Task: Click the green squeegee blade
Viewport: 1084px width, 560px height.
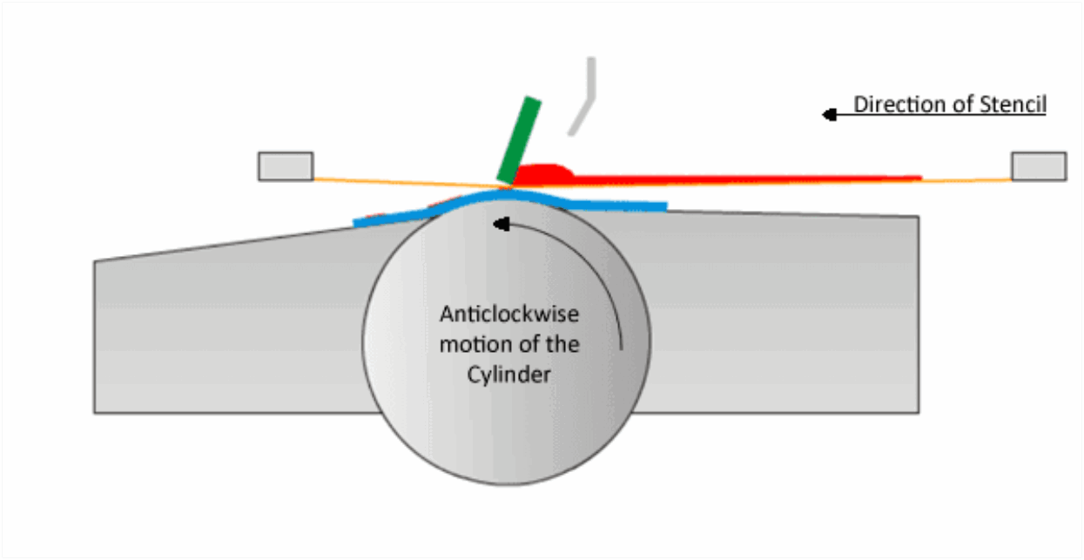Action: coord(519,140)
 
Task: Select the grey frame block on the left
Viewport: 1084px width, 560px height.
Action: coord(286,166)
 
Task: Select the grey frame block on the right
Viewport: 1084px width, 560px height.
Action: coord(1038,166)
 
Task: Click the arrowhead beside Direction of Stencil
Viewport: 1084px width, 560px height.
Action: coord(830,114)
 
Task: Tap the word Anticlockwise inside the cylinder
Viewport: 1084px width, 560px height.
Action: coord(509,314)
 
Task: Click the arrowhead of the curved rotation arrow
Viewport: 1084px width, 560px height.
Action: coord(499,225)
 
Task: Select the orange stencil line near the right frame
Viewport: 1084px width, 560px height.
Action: coord(966,179)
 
